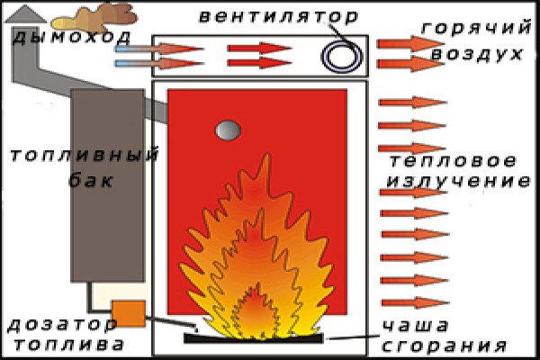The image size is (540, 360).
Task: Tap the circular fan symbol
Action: [341, 58]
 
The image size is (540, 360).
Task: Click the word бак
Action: [91, 180]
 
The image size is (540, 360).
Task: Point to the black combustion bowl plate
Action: [252, 337]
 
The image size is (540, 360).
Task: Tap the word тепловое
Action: [454, 162]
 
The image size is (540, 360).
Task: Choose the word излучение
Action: [457, 181]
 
